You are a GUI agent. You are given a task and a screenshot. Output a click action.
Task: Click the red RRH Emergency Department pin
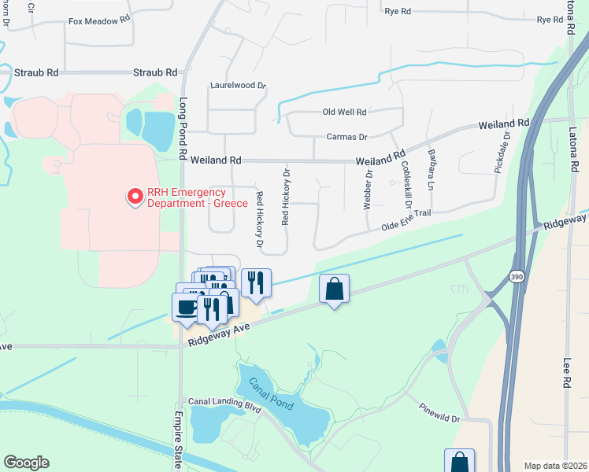point(135,195)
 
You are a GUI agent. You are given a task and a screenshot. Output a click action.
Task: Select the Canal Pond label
point(271,393)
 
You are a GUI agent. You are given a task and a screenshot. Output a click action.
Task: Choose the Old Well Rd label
point(346,112)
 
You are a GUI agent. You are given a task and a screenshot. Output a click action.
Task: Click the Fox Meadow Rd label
point(99,21)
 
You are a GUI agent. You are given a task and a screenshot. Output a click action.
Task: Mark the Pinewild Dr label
point(439,414)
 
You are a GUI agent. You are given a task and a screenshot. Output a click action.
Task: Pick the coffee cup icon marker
point(186,307)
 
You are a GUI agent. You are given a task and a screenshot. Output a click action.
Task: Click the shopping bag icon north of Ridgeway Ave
point(334,289)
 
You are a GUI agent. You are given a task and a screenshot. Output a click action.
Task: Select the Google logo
point(26,463)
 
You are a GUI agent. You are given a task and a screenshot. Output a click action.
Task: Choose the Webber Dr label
point(368,190)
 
